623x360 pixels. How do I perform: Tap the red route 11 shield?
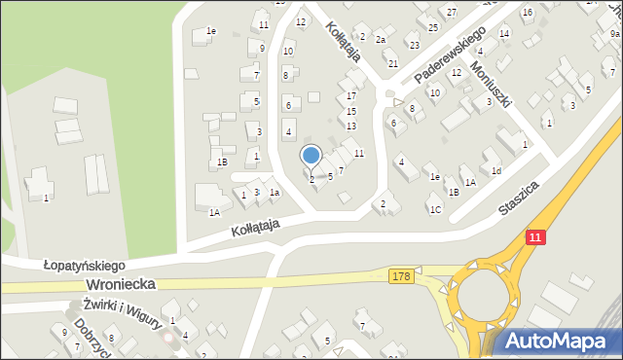535,237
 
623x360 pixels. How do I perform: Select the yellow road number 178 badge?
402,277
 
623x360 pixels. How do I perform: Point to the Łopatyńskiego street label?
85,265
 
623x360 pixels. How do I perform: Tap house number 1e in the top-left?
210,31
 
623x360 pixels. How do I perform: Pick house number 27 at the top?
452,11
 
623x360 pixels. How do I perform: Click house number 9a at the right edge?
614,34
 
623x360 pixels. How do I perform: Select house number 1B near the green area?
222,162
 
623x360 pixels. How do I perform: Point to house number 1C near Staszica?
435,209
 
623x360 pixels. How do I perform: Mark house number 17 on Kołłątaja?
351,95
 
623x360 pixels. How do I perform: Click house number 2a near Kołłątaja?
382,40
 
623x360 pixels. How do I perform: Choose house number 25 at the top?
433,27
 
